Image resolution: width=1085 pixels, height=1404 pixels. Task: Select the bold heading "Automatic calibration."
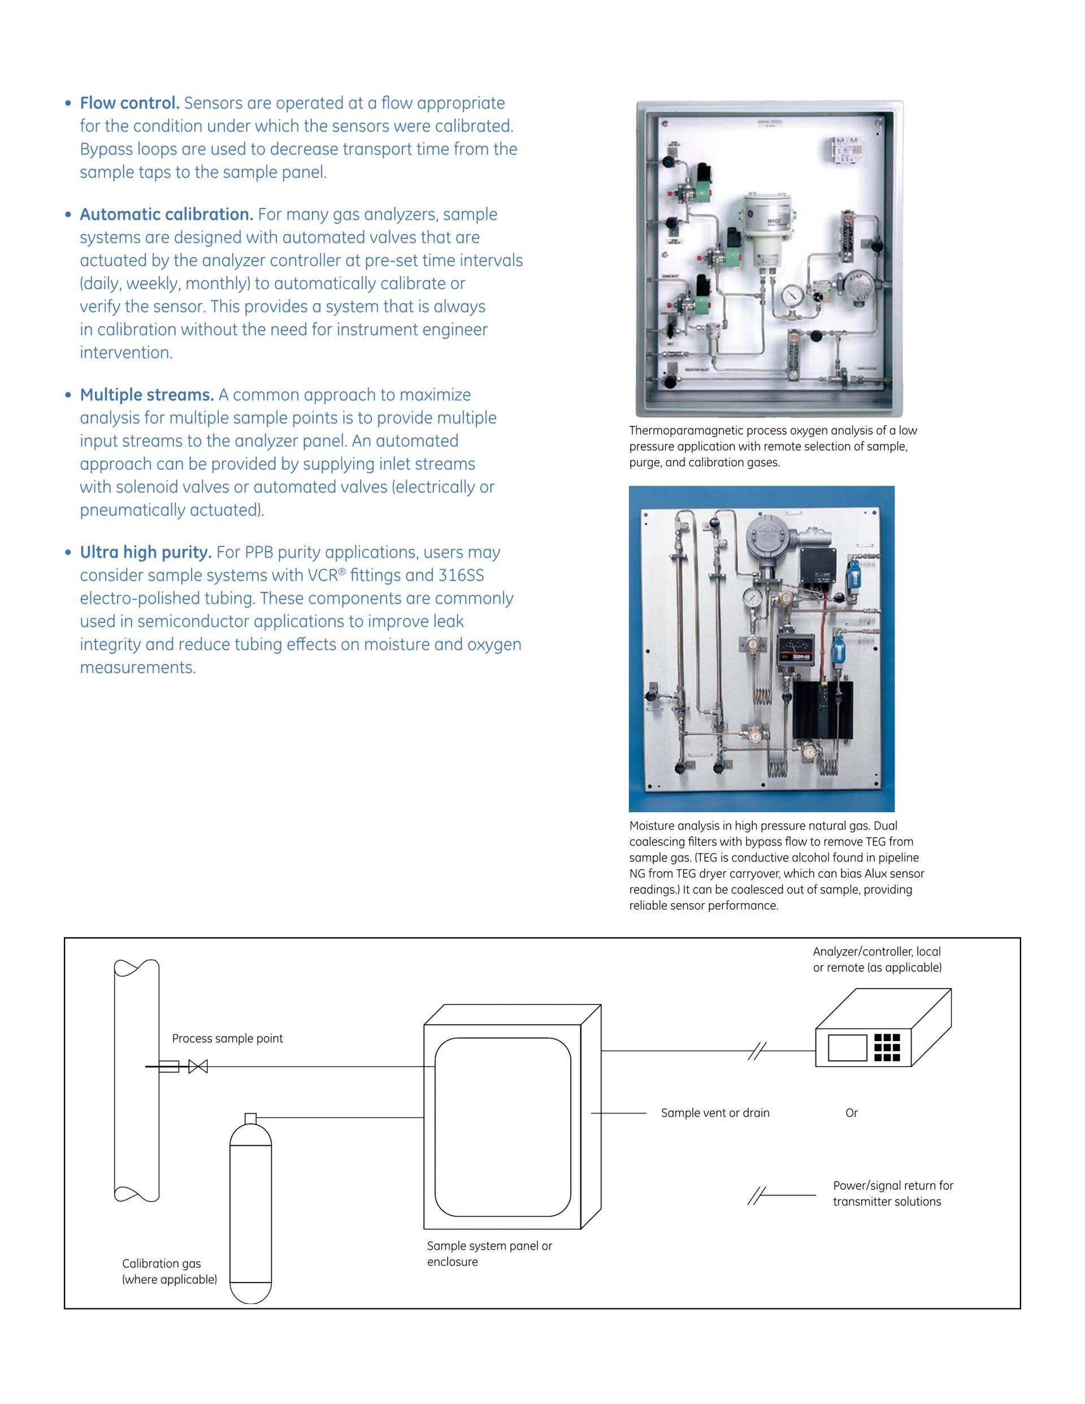[x=166, y=214]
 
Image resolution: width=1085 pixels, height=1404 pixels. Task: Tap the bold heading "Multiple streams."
[x=146, y=395]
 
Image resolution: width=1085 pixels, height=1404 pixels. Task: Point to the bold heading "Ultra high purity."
[x=145, y=552]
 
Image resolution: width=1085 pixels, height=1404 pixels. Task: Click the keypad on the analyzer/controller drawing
[x=887, y=1047]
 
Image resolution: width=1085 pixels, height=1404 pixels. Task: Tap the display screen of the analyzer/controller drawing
[x=847, y=1048]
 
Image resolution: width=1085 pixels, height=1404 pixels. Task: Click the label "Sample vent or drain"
[x=715, y=1113]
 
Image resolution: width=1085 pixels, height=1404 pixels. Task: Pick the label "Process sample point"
[x=227, y=1038]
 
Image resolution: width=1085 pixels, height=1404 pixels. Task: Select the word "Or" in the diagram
[x=851, y=1113]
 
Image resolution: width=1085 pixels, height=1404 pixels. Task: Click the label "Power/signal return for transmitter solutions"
[x=892, y=1193]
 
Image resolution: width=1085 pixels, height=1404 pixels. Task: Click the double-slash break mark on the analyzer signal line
[x=757, y=1051]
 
